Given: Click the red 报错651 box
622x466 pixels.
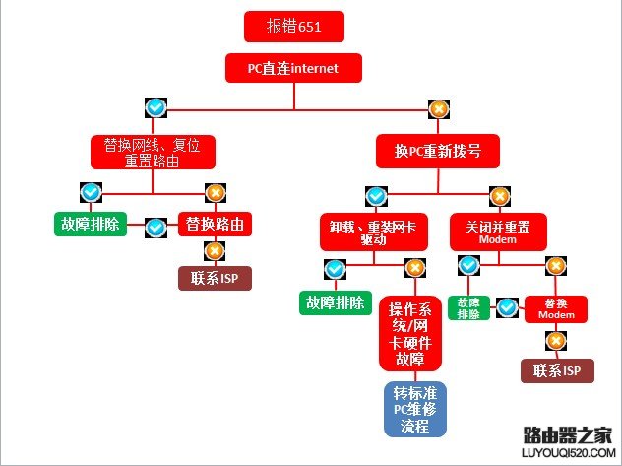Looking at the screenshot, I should click(x=294, y=27).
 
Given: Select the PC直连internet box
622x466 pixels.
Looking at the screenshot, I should click(x=293, y=67).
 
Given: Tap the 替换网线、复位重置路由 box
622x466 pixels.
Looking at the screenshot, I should click(x=153, y=153).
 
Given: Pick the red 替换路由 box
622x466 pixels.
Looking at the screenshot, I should click(x=214, y=224).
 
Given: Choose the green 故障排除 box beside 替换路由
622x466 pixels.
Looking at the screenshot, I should click(x=90, y=224).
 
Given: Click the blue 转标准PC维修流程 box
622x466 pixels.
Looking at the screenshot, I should click(x=414, y=409).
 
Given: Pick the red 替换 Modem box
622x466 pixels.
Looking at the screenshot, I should click(x=556, y=308).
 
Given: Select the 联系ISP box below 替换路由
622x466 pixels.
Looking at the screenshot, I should click(x=216, y=278).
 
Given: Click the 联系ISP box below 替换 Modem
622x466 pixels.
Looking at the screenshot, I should click(x=557, y=370).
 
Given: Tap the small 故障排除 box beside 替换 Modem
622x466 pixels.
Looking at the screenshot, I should click(x=468, y=308).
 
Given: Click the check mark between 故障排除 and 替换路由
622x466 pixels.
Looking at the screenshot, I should click(x=155, y=227).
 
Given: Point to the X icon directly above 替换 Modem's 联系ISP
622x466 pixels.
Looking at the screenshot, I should click(x=556, y=341).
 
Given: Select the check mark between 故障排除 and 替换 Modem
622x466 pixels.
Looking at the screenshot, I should click(x=507, y=307).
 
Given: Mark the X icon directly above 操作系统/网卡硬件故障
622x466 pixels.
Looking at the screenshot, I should click(x=414, y=267).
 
